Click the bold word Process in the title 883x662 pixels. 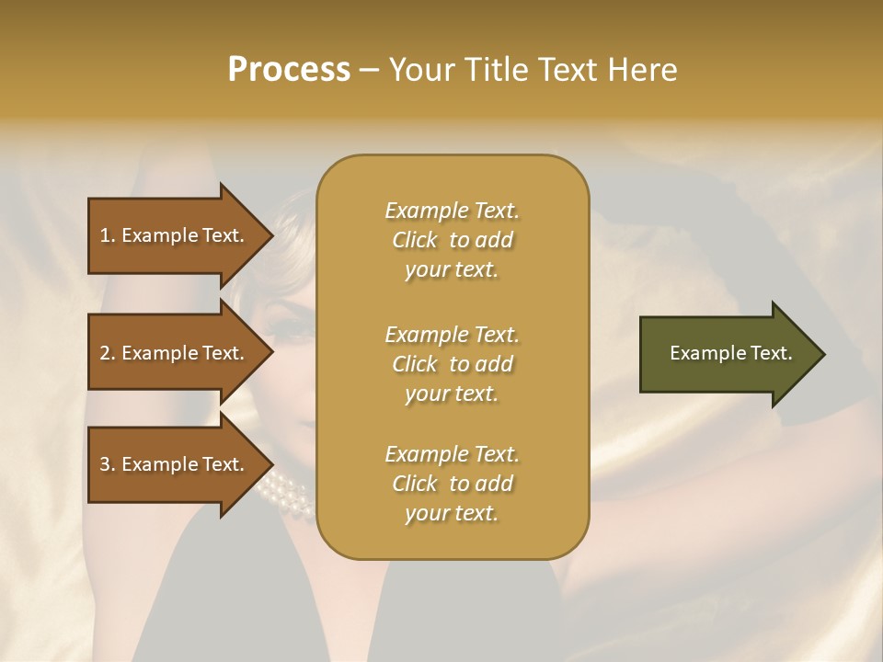[x=289, y=70]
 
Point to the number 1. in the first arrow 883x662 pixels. [x=108, y=235]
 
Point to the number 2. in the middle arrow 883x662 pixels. [x=108, y=353]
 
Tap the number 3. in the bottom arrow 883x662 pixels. [x=108, y=464]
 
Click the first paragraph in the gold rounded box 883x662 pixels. [x=452, y=240]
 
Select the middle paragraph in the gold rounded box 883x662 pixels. [x=452, y=364]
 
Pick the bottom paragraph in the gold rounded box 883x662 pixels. [x=452, y=484]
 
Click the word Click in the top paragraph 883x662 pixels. [x=414, y=240]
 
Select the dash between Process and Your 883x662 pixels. [x=369, y=70]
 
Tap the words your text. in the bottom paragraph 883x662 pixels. [x=452, y=513]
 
